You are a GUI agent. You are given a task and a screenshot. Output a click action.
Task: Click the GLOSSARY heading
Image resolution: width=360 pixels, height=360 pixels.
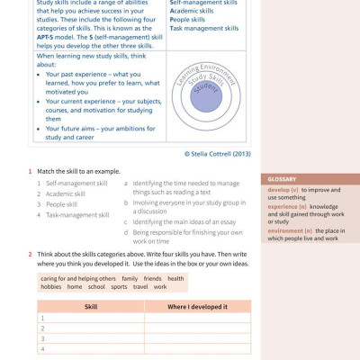[282, 179]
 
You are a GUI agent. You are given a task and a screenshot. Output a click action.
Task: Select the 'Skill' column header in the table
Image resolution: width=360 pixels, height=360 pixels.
[90, 306]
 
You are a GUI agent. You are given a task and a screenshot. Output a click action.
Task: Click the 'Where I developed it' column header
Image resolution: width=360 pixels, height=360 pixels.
[197, 306]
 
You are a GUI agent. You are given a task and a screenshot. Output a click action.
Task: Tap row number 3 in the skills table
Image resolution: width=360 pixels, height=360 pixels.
[41, 338]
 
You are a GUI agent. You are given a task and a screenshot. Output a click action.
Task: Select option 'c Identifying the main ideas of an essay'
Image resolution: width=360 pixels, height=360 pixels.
[184, 221]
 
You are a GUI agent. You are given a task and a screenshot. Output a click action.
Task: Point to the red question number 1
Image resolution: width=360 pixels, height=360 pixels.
[30, 171]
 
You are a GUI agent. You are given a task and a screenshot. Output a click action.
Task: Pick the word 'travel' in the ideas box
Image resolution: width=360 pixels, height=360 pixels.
[140, 287]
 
